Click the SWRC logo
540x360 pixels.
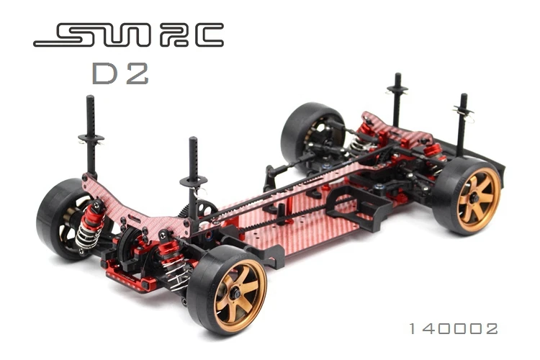128,35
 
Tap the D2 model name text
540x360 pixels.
120,73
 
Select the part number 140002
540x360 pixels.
453,328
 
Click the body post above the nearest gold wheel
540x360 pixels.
193,176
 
